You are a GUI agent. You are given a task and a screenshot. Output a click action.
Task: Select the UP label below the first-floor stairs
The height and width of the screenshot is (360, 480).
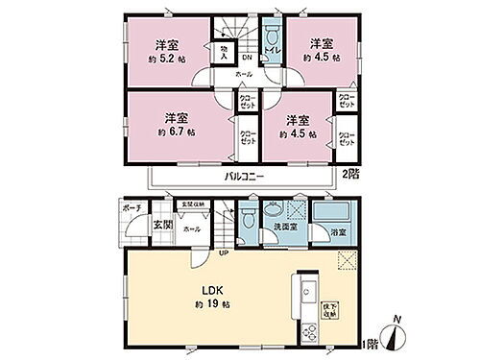tap(223, 253)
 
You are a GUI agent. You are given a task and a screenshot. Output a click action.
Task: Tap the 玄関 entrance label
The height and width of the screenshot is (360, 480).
tap(161, 226)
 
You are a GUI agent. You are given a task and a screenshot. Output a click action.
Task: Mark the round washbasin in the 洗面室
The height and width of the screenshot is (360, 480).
tap(275, 209)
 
